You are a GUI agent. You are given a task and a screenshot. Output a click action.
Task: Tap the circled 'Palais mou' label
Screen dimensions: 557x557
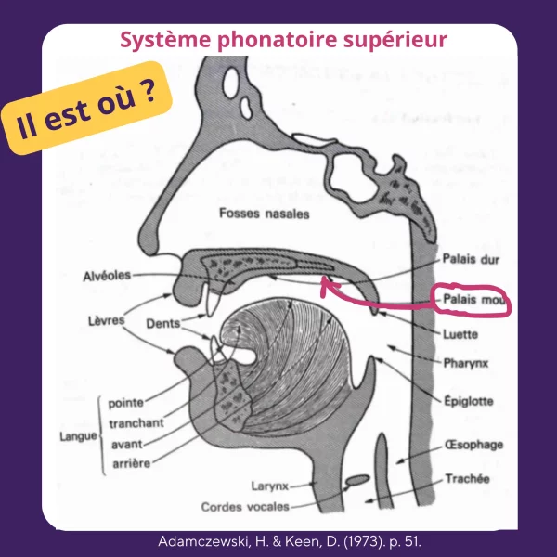pos(474,302)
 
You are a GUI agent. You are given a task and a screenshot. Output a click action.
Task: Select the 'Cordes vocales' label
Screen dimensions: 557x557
pos(245,507)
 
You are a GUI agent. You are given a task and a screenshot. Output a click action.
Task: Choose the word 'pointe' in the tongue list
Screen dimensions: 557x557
pos(126,404)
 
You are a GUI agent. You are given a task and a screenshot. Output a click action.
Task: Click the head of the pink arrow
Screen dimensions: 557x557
pos(326,283)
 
